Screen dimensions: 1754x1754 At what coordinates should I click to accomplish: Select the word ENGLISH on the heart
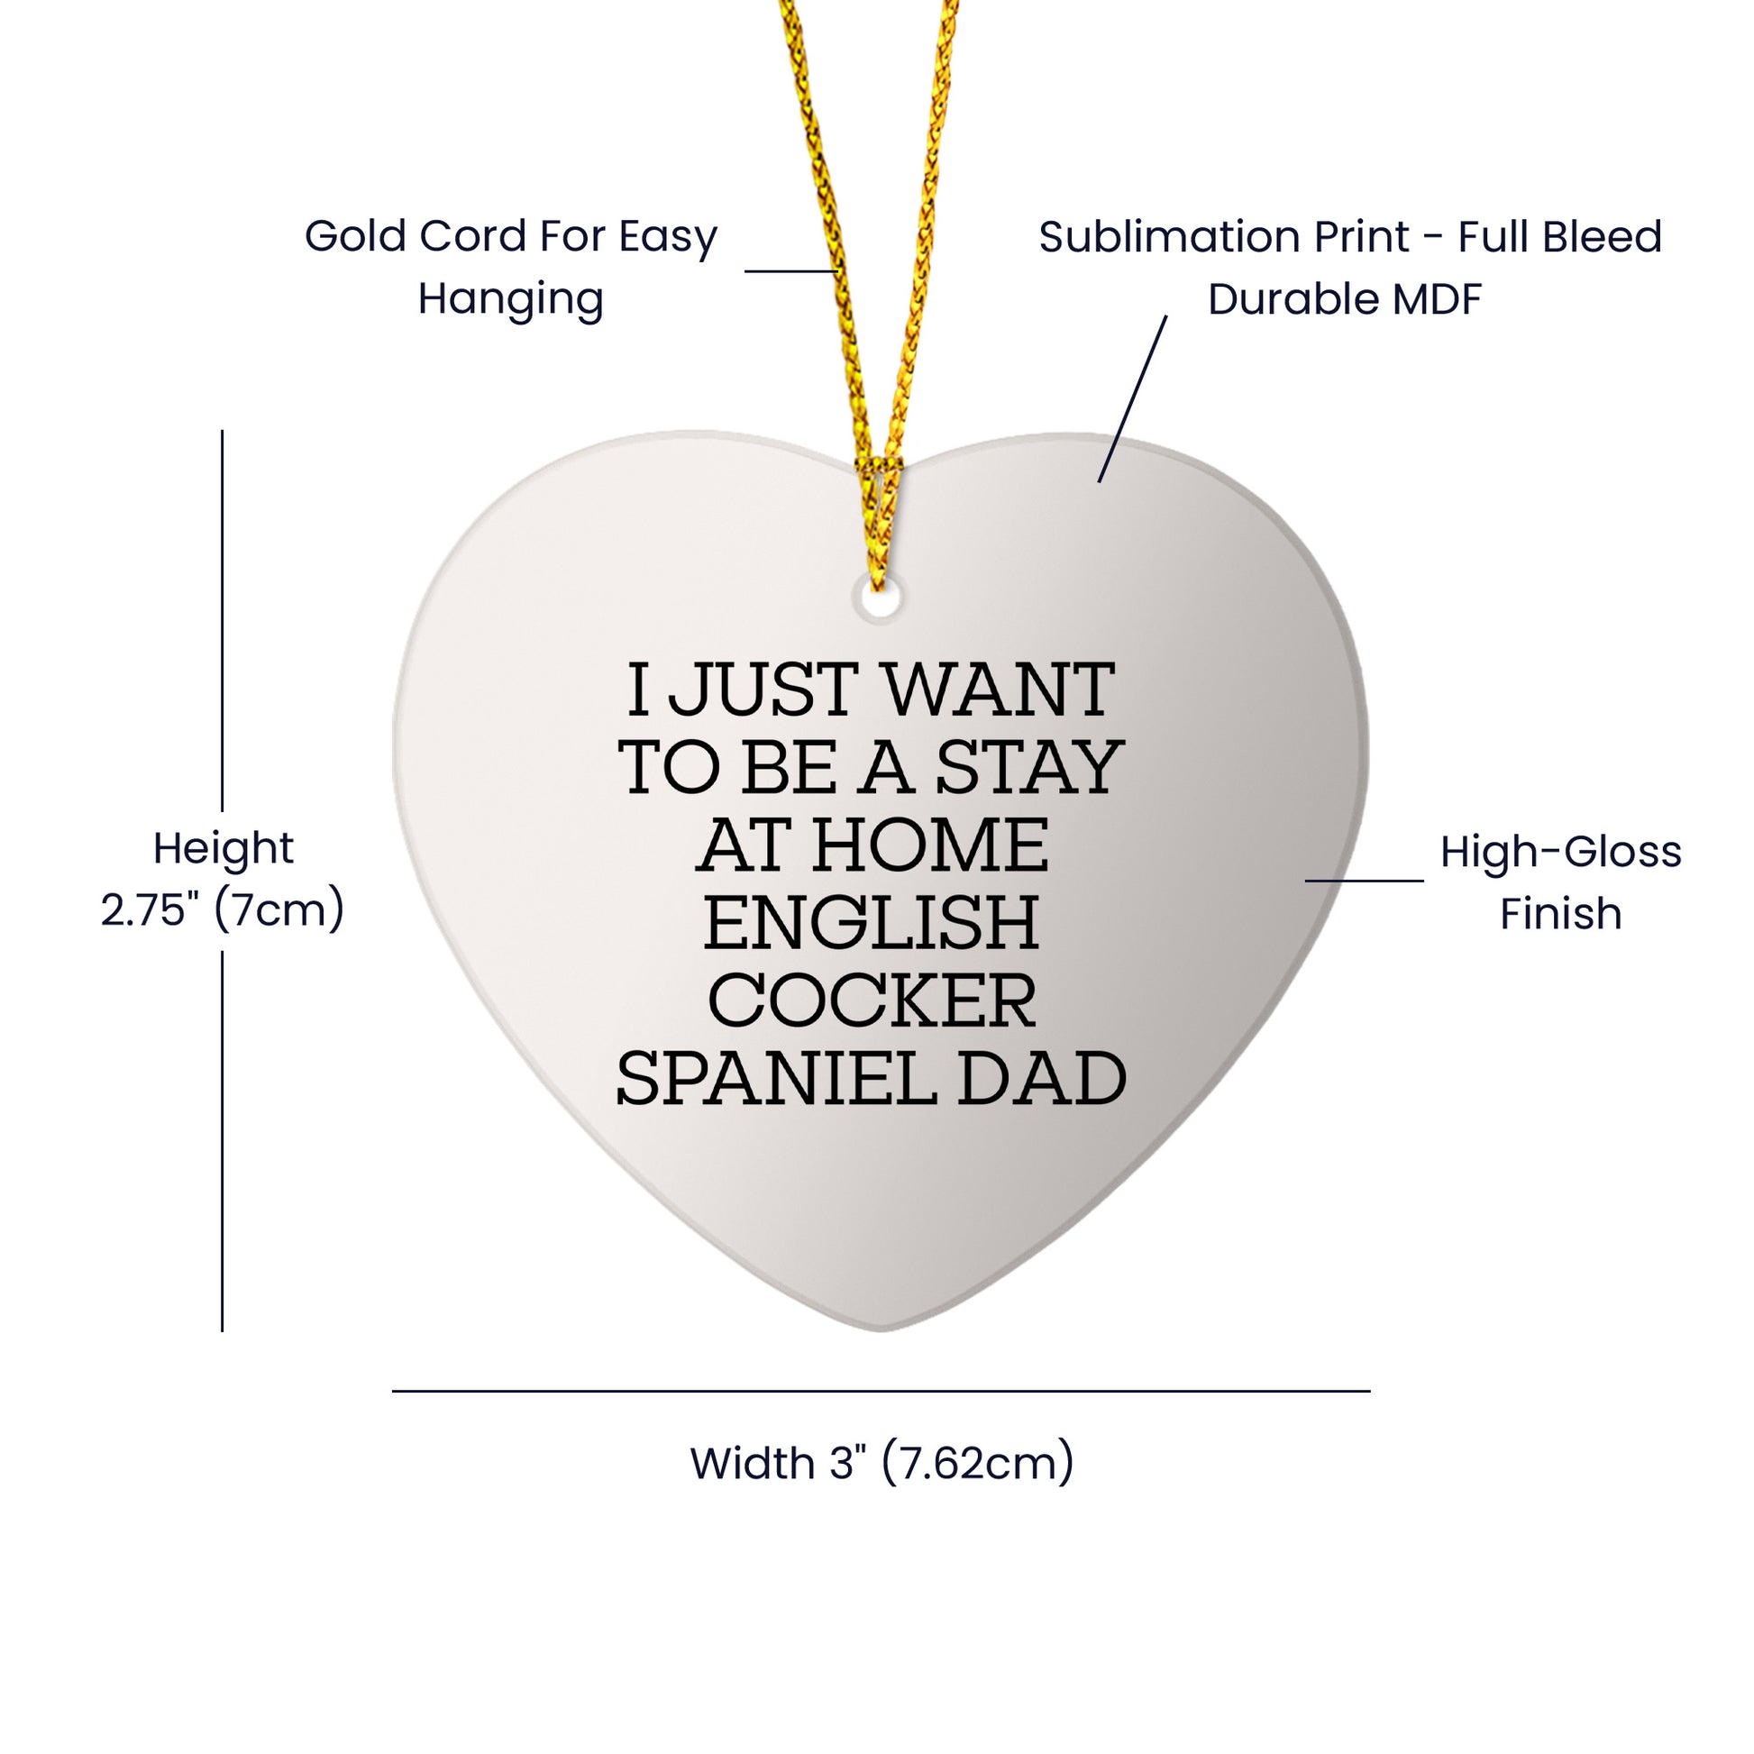pyautogui.click(x=871, y=923)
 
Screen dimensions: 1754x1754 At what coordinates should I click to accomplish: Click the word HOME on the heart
pyautogui.click(x=930, y=845)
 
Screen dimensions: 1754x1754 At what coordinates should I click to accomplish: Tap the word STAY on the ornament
pyautogui.click(x=1029, y=767)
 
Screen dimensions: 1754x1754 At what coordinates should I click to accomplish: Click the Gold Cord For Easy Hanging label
pyautogui.click(x=511, y=267)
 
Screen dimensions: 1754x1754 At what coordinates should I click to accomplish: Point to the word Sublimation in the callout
pyautogui.click(x=1225, y=237)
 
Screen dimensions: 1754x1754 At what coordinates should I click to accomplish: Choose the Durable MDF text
pyautogui.click(x=1345, y=299)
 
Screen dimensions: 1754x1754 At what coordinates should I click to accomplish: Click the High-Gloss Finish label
pyautogui.click(x=1560, y=882)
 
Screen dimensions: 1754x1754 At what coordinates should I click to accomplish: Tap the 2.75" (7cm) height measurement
pyautogui.click(x=223, y=909)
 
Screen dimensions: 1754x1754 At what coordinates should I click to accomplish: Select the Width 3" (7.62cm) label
pyautogui.click(x=882, y=1463)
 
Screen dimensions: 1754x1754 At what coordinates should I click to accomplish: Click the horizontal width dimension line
pyautogui.click(x=881, y=1391)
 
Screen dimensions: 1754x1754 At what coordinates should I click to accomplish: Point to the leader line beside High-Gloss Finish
pyautogui.click(x=1365, y=881)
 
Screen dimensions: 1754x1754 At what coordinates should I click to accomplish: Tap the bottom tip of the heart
pyautogui.click(x=881, y=1331)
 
